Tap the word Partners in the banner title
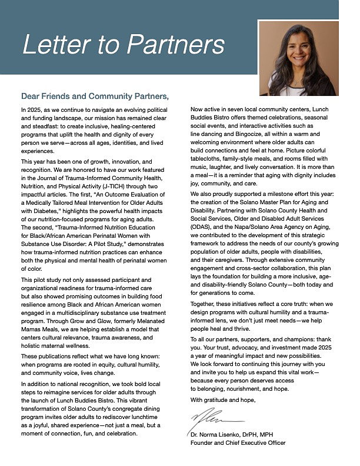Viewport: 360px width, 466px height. click(x=176, y=45)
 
